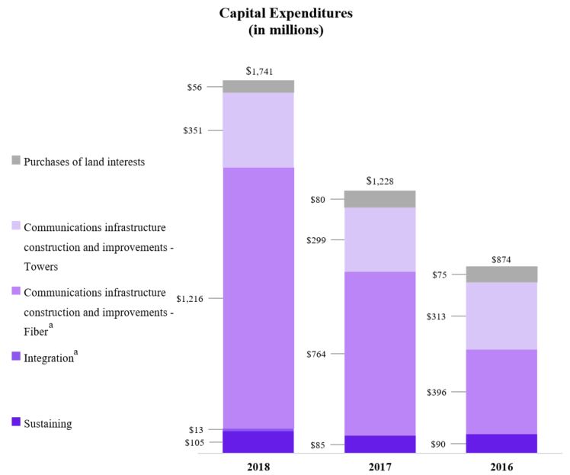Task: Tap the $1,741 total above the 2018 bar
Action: pos(259,72)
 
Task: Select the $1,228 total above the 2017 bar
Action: pos(379,181)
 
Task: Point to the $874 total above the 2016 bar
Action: pos(501,259)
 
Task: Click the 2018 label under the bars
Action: pos(259,465)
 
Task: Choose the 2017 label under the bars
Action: pos(379,465)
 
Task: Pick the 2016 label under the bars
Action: pos(501,465)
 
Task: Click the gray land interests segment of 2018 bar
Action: pos(259,86)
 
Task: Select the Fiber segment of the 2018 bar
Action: pos(259,297)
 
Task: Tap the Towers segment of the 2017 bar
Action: pos(379,239)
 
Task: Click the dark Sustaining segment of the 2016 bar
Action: pos(501,443)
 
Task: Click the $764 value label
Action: pos(314,355)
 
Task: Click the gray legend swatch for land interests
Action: pos(16,161)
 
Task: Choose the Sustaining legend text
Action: pos(48,423)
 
